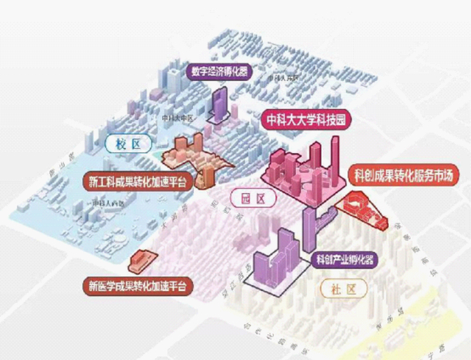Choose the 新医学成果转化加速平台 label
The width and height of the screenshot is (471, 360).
(137, 285)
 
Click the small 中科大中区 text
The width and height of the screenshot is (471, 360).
(179, 117)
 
